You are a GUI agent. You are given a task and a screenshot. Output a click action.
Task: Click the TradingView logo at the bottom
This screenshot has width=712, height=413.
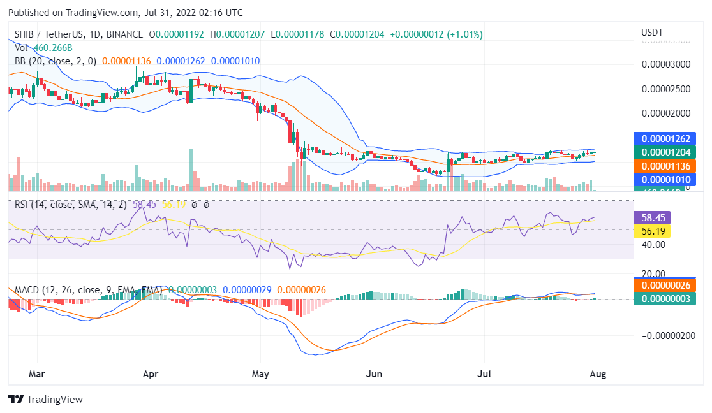[46, 400]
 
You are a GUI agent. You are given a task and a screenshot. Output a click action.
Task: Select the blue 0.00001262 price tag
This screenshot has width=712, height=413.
[664, 139]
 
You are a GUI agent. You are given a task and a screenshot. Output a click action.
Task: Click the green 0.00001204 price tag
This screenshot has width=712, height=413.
[664, 152]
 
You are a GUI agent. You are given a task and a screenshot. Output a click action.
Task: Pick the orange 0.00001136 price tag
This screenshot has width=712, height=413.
[664, 166]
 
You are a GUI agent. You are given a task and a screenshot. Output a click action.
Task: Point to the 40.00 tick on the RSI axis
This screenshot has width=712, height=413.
[653, 245]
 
